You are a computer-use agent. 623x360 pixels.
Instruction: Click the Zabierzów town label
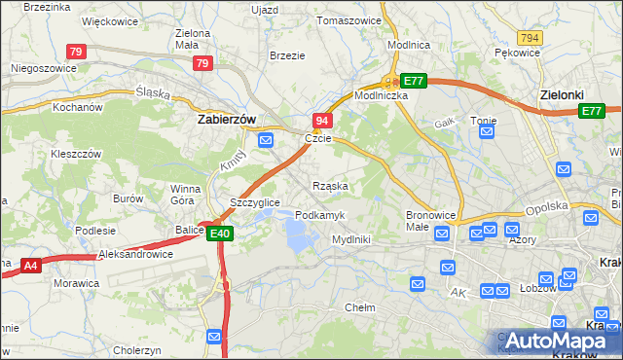[x=226, y=119]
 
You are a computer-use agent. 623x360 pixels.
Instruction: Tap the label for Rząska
[x=330, y=185]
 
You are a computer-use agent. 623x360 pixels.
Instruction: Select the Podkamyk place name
[x=319, y=214]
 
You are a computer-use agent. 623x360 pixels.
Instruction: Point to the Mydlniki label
[x=351, y=238]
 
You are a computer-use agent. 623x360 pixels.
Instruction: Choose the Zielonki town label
[x=562, y=95]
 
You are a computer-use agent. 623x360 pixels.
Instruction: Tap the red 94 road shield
[x=323, y=120]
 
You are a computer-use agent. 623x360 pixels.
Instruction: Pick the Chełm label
[x=360, y=307]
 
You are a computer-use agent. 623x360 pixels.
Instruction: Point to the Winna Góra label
[x=185, y=194]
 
